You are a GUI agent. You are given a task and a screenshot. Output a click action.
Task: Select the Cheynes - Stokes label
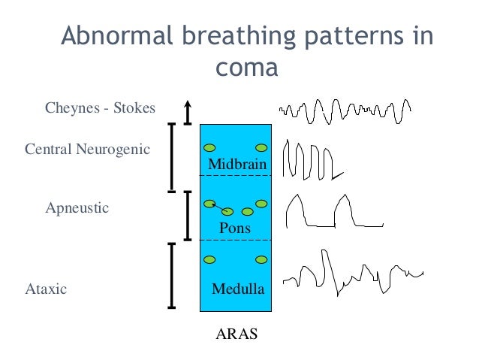click(x=100, y=108)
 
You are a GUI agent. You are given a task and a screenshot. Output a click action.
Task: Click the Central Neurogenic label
click(x=87, y=149)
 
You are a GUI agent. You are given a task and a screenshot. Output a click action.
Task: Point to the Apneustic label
click(x=77, y=207)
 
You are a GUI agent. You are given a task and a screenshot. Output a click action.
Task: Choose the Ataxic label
click(x=47, y=288)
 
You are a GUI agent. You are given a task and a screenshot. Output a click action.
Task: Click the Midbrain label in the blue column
click(x=236, y=165)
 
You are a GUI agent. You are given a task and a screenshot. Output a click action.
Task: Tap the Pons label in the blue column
click(x=234, y=228)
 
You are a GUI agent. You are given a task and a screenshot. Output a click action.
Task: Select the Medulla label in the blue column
click(x=238, y=288)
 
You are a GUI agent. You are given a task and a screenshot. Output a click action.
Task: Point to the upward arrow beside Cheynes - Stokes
click(x=188, y=111)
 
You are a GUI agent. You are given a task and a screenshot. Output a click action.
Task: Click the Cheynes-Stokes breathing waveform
click(x=345, y=112)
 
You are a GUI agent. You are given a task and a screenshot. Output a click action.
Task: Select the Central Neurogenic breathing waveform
click(x=312, y=159)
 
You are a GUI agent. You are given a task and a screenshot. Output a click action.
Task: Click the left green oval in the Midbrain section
click(x=211, y=147)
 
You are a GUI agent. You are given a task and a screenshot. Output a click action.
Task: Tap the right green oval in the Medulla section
click(x=262, y=259)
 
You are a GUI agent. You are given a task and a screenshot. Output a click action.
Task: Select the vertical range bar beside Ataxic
click(x=172, y=275)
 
